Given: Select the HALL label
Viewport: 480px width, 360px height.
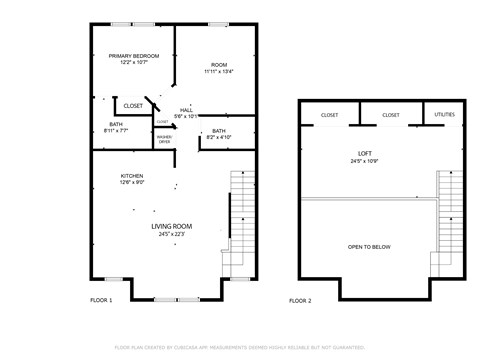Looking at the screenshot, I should (186, 110).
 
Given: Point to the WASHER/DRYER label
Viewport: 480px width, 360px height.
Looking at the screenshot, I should (164, 139).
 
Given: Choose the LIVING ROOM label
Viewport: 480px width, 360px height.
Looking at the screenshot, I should (172, 227).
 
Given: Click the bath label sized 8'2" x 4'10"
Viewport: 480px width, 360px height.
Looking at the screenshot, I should (218, 131).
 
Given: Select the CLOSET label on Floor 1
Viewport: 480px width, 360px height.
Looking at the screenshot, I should (132, 104).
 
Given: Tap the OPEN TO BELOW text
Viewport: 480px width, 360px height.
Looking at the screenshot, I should (371, 246).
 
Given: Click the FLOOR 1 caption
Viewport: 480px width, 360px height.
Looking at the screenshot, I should (101, 300).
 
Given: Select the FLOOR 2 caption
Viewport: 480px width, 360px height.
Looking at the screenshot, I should (300, 300).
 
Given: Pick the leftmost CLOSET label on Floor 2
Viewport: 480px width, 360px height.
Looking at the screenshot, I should (329, 115).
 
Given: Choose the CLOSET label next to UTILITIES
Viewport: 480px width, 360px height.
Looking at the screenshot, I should (390, 115).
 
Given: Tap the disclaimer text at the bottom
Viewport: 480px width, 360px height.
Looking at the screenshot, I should (240, 347).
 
